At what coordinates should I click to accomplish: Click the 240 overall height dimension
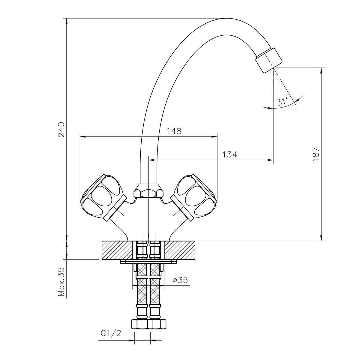(x=61, y=130)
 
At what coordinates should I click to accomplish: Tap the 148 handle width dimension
(x=174, y=131)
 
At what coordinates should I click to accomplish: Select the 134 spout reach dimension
(x=230, y=154)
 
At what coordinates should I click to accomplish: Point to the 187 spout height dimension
(x=316, y=154)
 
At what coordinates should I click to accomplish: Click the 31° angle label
(x=283, y=101)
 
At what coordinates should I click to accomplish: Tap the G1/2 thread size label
(x=111, y=333)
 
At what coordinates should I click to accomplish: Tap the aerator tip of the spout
(x=268, y=60)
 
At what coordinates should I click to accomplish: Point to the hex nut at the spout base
(x=148, y=191)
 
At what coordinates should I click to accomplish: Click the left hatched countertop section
(x=117, y=250)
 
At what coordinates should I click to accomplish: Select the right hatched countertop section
(x=180, y=250)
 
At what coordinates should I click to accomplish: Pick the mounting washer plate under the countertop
(x=148, y=262)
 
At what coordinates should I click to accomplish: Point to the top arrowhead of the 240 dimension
(x=67, y=21)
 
